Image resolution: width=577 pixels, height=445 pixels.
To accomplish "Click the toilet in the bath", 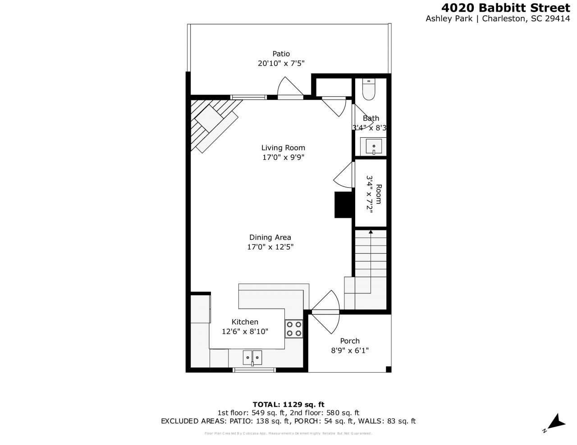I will (369, 90).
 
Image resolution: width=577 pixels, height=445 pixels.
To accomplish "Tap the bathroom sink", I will (374, 146).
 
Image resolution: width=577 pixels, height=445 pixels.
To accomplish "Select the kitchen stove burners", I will (294, 328).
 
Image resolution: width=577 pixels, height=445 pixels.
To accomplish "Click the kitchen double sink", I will (252, 357).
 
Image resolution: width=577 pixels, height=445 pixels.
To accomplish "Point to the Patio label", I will (281, 54).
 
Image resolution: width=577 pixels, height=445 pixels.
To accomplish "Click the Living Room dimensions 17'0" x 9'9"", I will (283, 157).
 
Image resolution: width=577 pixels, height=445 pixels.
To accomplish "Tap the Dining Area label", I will (270, 237).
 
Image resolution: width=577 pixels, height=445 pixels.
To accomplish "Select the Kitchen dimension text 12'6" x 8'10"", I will (245, 332).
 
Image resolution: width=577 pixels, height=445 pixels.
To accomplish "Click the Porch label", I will (350, 341).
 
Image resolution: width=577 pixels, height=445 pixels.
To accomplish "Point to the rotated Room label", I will (379, 194).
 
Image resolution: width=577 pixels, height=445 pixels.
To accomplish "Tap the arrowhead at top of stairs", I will (371, 232).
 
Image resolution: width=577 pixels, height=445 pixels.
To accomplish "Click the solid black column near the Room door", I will (343, 205).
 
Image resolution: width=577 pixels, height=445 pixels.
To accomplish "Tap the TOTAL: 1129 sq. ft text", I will (288, 404).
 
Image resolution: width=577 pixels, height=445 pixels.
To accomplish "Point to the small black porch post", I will (388, 369).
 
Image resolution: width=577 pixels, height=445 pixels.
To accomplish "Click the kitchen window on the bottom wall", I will (254, 370).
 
